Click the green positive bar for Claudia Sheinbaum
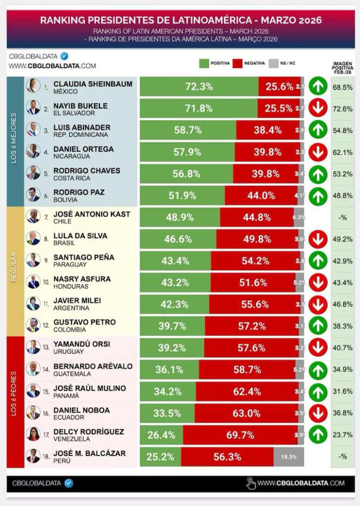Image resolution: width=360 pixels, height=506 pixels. pyautogui.click(x=199, y=86)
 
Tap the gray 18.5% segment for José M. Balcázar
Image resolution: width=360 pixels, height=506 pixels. pyautogui.click(x=288, y=457)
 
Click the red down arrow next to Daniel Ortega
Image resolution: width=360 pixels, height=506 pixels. pyautogui.click(x=318, y=152)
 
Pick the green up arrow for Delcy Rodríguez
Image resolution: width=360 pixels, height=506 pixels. pyautogui.click(x=318, y=435)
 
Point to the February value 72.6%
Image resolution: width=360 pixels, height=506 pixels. pyautogui.click(x=343, y=108)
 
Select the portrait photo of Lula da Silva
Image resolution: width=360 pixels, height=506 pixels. pyautogui.click(x=33, y=239)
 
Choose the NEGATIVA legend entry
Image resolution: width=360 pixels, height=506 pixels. pyautogui.click(x=250, y=63)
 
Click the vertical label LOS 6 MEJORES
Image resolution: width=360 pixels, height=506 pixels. pyautogui.click(x=14, y=139)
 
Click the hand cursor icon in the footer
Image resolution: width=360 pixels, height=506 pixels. pyautogui.click(x=250, y=483)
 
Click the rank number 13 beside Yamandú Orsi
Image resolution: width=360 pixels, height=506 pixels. pyautogui.click(x=46, y=347)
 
